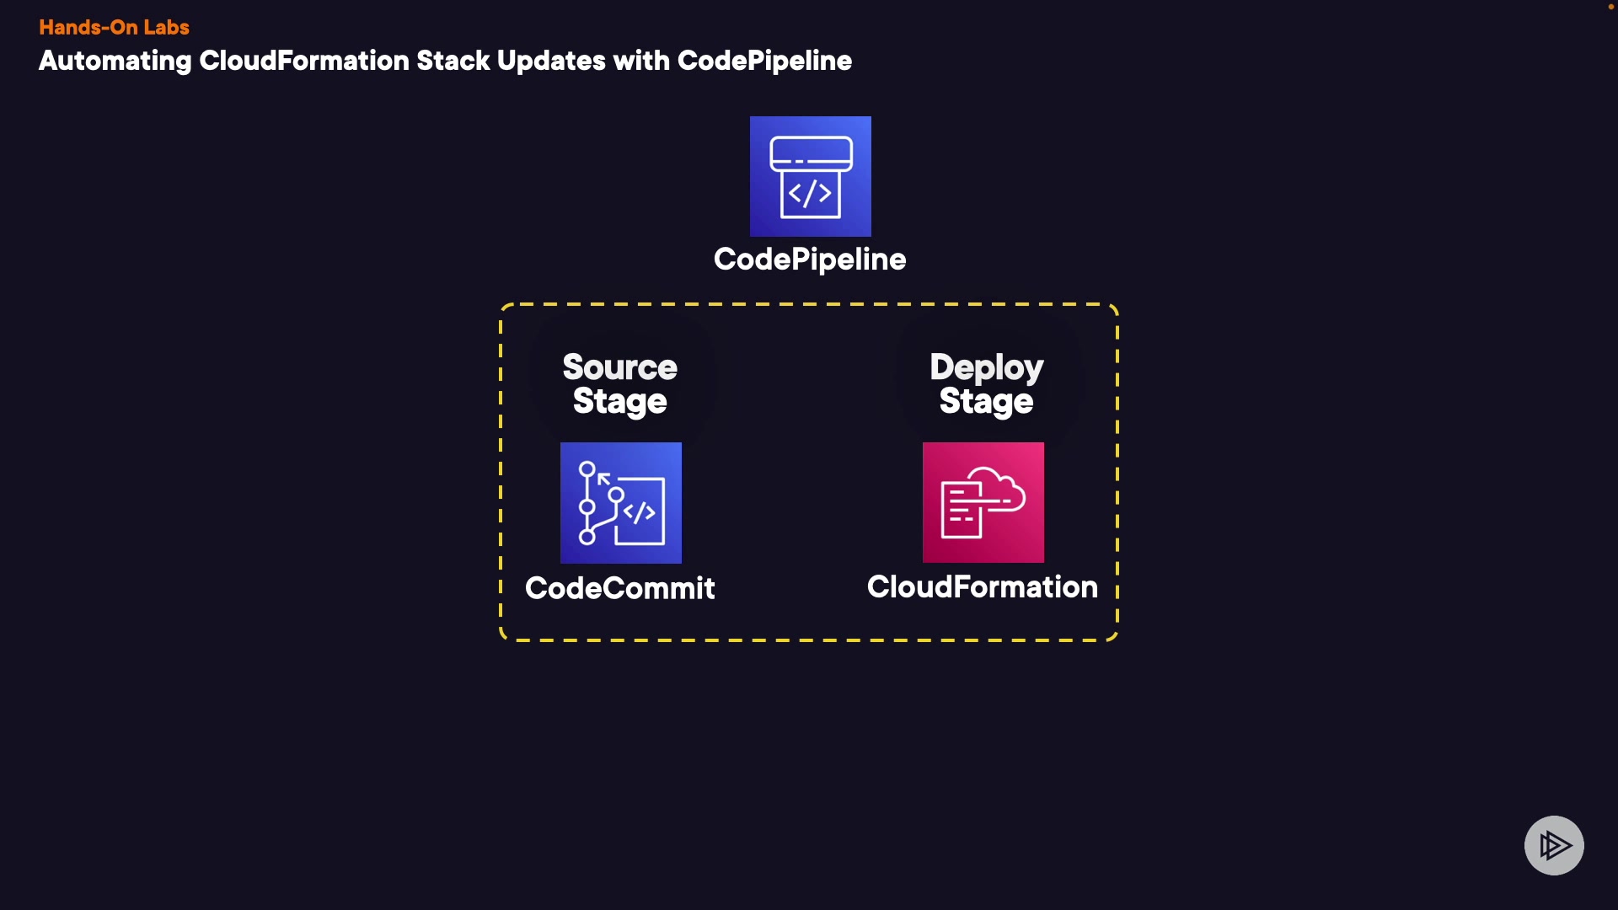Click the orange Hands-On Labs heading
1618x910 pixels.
tap(114, 27)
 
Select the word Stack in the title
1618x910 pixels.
tap(453, 61)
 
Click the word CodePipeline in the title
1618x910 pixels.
tap(764, 61)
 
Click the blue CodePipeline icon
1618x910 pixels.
tap(810, 176)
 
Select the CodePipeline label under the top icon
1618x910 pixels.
tap(810, 260)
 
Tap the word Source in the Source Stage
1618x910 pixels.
tap(620, 367)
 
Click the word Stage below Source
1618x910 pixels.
tap(620, 402)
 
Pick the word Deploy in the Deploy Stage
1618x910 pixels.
tap(987, 367)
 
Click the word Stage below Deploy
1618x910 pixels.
tap(987, 402)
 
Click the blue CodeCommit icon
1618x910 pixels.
tap(621, 503)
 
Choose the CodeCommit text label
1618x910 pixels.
tap(620, 588)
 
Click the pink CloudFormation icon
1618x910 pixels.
tap(983, 503)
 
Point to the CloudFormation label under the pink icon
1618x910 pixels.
tap(983, 587)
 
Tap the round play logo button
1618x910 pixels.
tap(1554, 845)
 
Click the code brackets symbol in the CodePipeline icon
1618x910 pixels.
tap(810, 194)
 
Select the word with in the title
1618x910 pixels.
tap(641, 61)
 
